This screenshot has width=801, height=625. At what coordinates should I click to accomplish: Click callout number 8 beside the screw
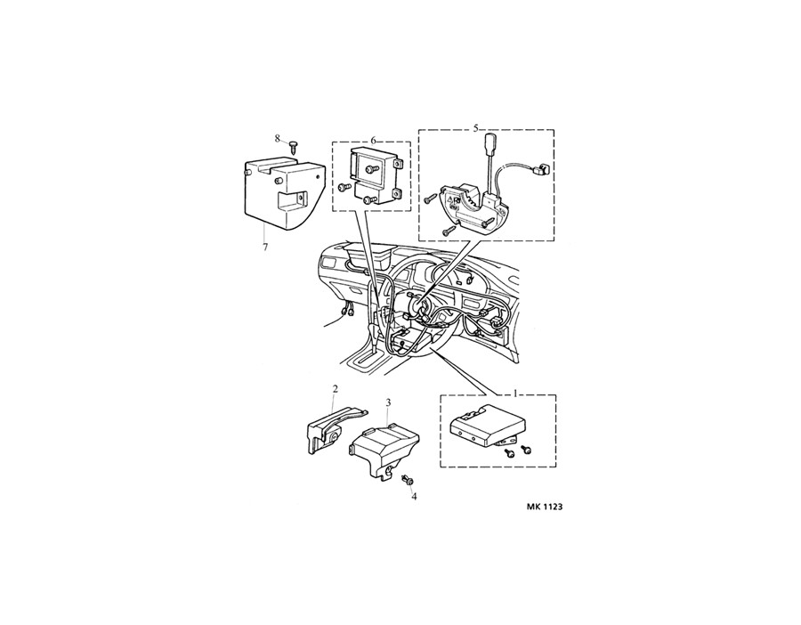click(x=277, y=138)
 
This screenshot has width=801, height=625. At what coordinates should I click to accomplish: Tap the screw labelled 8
click(x=293, y=148)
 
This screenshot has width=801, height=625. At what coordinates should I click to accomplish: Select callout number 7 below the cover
click(x=264, y=248)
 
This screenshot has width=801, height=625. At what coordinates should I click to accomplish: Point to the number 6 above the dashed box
click(x=373, y=140)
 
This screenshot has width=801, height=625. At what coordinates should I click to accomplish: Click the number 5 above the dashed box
click(x=475, y=128)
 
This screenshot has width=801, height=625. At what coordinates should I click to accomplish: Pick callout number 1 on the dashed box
click(x=516, y=393)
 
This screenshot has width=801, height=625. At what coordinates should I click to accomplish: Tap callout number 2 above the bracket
click(x=335, y=389)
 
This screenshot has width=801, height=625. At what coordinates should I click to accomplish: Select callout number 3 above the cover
click(x=388, y=402)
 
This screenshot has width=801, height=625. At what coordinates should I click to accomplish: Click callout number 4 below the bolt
click(x=414, y=496)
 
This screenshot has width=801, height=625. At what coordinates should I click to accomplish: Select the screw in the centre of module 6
click(x=369, y=168)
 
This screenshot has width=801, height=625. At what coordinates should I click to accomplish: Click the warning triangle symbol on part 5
click(x=451, y=201)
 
